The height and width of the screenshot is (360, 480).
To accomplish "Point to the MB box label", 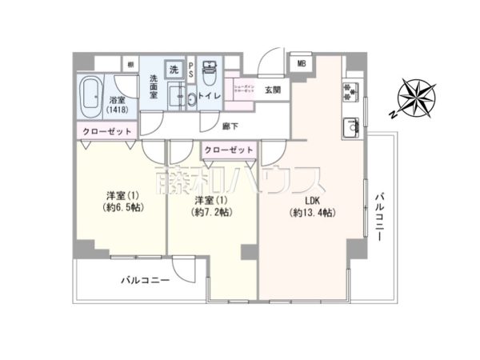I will [302, 65].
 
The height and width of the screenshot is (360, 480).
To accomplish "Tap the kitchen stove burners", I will [350, 94].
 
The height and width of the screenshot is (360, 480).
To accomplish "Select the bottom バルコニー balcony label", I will [145, 281].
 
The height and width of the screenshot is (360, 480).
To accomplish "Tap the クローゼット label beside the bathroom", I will [106, 131].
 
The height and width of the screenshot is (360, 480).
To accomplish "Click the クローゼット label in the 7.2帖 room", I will [228, 150].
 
